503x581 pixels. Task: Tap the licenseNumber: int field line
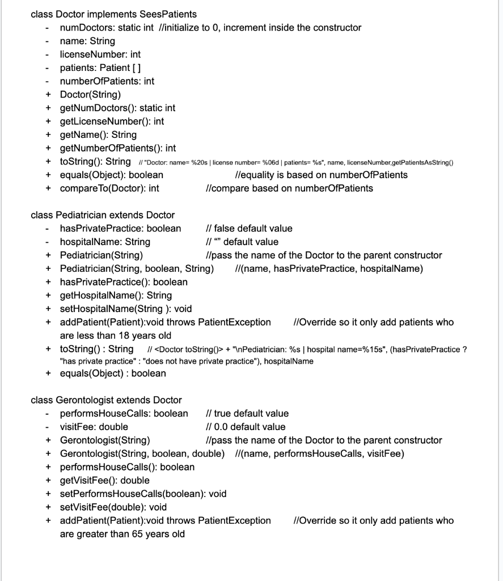(100, 54)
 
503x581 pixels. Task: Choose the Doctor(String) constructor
(90, 94)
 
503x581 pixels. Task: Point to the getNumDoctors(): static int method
(117, 108)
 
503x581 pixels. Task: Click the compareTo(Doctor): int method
(109, 188)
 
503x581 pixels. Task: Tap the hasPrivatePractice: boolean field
(120, 229)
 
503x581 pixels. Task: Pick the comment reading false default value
(249, 229)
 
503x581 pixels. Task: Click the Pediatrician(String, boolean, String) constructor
(137, 268)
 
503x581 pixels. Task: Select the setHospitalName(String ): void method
(126, 309)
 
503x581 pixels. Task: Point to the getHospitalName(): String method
(116, 295)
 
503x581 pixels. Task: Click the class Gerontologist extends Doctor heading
(106, 400)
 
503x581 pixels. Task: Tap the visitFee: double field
(94, 427)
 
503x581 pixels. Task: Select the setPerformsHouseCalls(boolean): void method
(143, 494)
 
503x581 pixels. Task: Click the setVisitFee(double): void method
(113, 507)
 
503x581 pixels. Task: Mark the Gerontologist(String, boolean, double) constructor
(142, 453)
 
